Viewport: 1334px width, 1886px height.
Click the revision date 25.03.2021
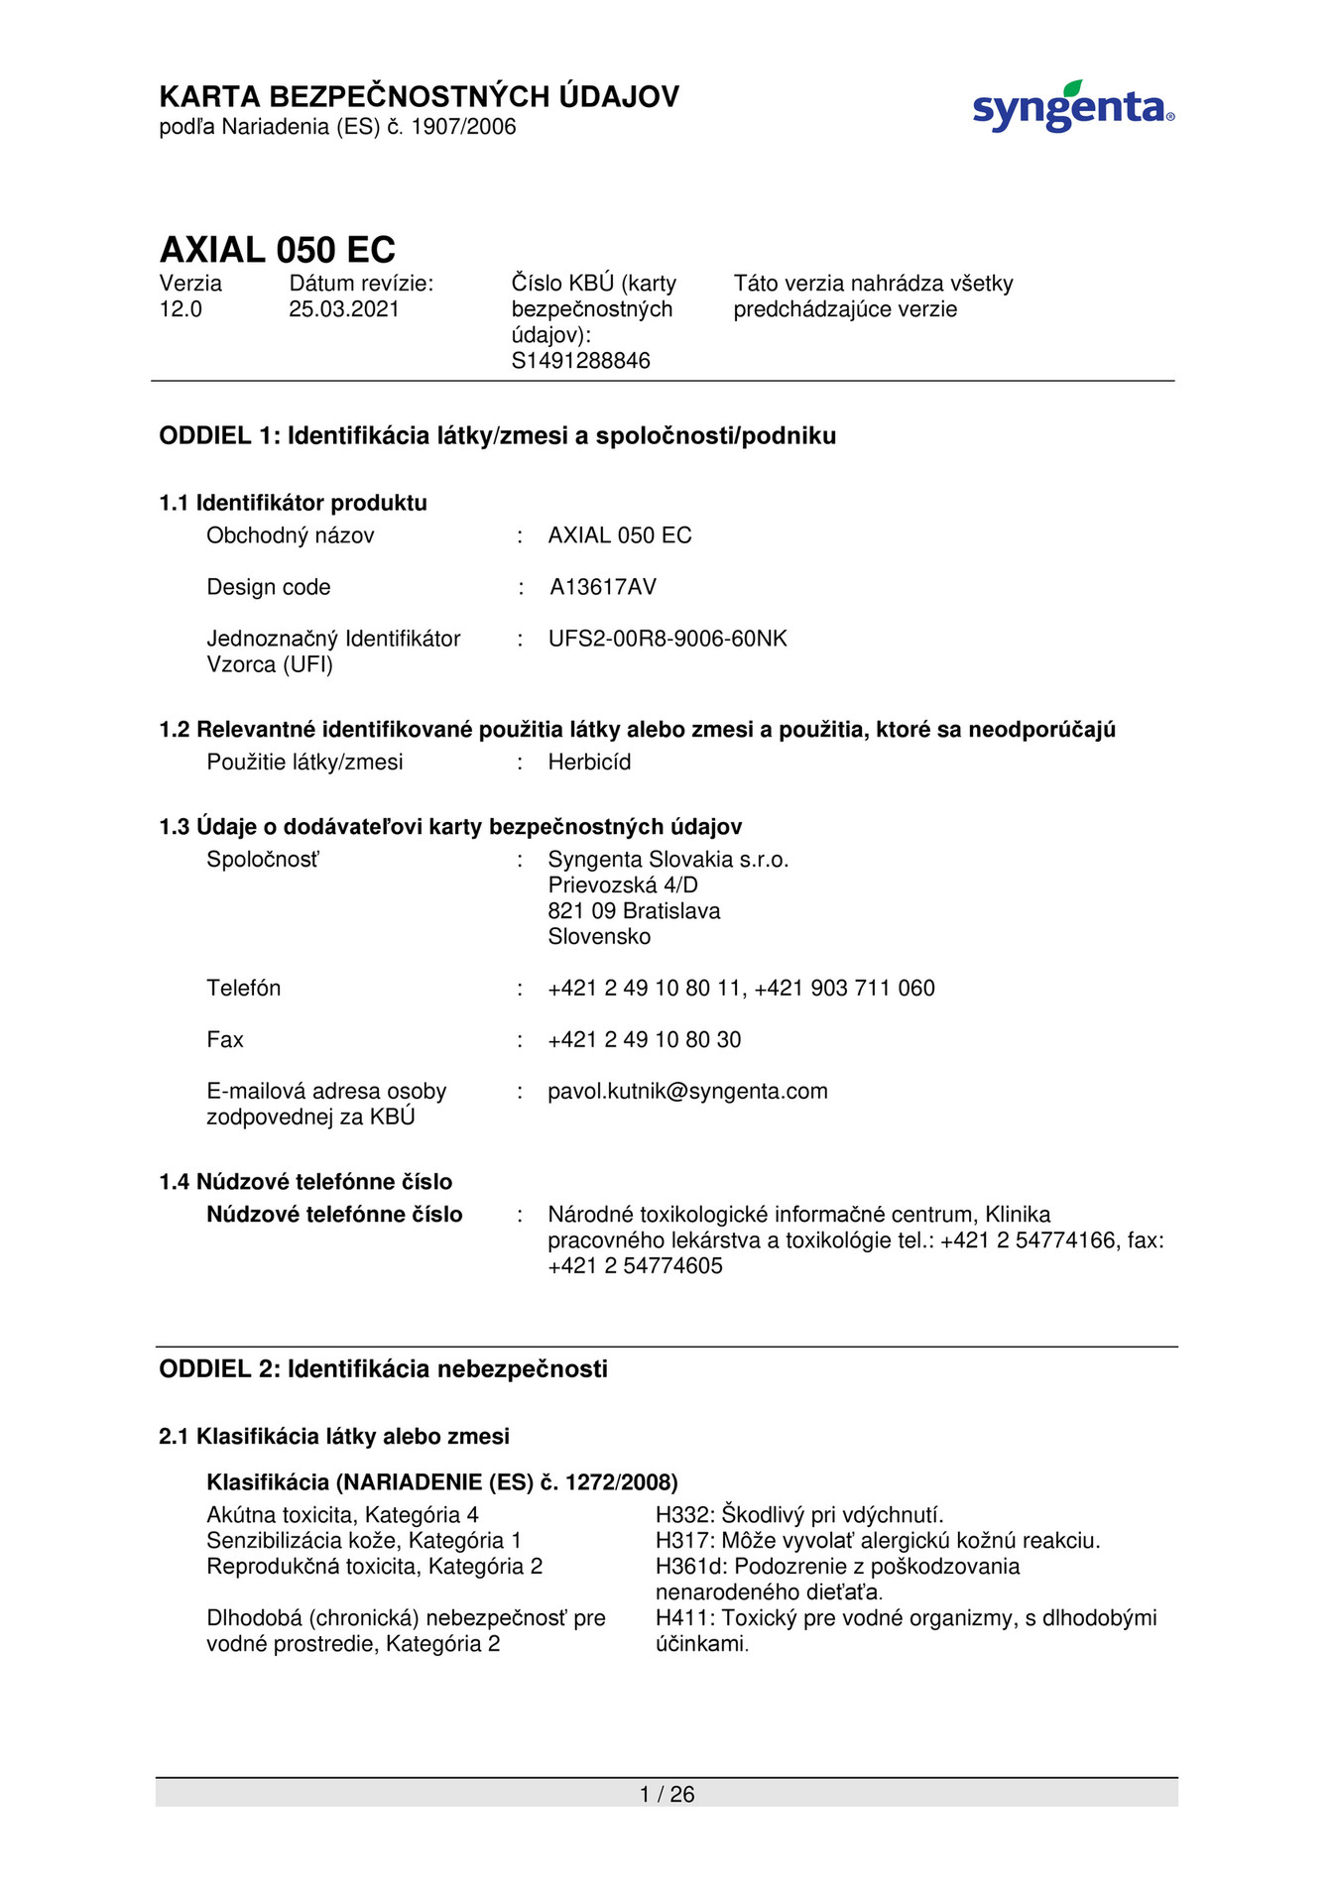344,309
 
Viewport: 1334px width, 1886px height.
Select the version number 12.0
181,309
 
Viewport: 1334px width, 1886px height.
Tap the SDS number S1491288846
580,361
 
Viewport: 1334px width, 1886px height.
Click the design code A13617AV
603,587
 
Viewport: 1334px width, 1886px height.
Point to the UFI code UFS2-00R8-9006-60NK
667,639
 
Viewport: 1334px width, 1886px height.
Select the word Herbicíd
589,763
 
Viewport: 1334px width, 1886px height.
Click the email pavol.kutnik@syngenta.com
687,1092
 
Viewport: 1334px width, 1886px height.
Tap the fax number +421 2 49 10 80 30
644,1040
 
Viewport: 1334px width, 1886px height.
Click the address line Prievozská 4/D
623,885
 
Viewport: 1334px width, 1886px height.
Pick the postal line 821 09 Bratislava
634,911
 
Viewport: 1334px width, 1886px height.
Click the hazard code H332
684,1515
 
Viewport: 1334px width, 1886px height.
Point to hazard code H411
684,1618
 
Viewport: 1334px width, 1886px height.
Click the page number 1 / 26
667,1794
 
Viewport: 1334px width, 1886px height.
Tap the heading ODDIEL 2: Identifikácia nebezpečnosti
383,1369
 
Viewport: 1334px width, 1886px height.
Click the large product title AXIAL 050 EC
278,249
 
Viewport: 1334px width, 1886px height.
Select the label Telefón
243,989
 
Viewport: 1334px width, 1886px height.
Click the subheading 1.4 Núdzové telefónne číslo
305,1182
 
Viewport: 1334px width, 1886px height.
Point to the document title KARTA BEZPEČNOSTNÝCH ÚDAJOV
419,97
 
